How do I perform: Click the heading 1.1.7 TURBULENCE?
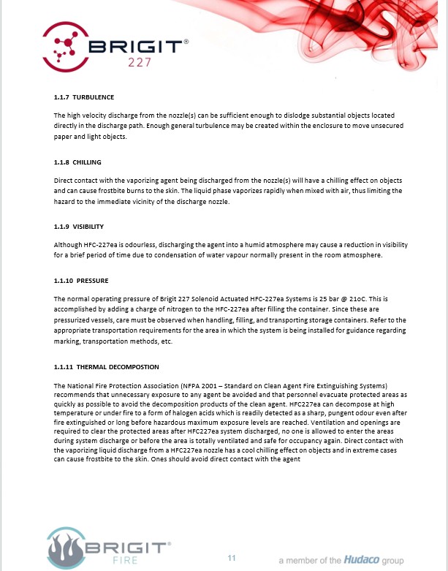[84, 97]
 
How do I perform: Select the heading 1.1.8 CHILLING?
[77, 162]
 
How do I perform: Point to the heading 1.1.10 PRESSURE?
[81, 280]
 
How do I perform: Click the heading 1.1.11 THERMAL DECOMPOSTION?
[106, 366]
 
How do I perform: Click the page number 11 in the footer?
[232, 558]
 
